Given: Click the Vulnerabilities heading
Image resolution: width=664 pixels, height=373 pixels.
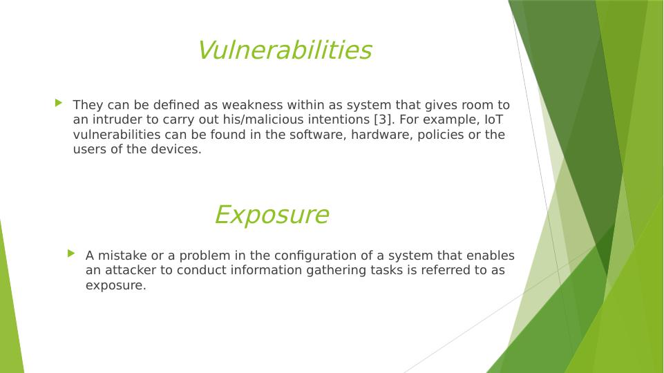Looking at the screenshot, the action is pos(285,50).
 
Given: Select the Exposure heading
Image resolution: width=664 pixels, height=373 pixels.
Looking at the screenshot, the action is pos(272,215).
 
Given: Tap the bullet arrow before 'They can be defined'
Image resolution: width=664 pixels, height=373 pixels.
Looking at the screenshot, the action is pos(59,102).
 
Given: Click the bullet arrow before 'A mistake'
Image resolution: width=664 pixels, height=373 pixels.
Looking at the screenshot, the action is pos(71,254).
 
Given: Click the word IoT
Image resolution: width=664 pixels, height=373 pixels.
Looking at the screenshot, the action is pos(493,119).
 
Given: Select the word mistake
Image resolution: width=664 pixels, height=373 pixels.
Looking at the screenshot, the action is pos(122,256).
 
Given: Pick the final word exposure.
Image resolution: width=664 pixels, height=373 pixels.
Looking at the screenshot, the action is pos(115,286).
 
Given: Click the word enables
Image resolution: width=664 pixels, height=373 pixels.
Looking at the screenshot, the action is pos(490,256).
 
